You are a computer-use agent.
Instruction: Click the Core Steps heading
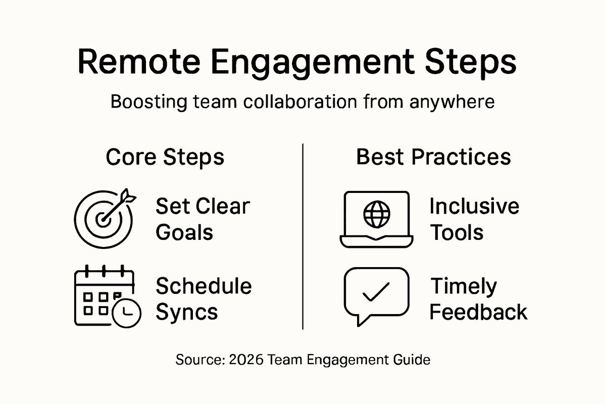coord(165,157)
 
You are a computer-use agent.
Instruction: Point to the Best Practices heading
coord(433,157)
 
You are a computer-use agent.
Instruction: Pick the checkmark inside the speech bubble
coord(376,291)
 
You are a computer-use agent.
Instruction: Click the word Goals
coord(184,233)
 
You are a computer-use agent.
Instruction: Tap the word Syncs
coord(186,312)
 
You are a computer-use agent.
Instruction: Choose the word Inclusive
coord(474,207)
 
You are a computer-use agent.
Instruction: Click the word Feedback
coord(478,312)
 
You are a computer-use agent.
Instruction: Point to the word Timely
coord(464,286)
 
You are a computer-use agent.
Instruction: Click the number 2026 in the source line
coord(246,360)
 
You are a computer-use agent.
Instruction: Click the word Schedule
coord(204,286)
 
